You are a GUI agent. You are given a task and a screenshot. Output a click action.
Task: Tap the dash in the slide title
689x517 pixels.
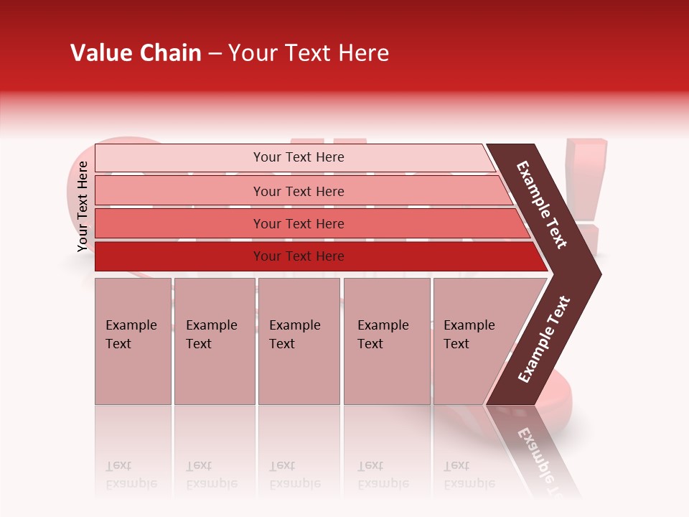click(215, 54)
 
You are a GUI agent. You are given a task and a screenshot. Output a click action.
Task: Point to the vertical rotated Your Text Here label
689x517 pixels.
click(83, 206)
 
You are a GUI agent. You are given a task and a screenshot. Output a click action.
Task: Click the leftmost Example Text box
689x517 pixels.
click(133, 341)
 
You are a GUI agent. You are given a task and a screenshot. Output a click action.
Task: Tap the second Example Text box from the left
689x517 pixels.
click(214, 341)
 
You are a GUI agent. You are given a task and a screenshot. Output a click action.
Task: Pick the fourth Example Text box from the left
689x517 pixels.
click(386, 341)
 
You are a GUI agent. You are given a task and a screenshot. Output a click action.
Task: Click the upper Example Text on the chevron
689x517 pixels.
click(543, 205)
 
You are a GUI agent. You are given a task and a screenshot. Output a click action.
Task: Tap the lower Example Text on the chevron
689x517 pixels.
click(544, 340)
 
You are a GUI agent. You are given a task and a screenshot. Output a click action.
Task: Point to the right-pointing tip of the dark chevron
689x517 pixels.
click(598, 274)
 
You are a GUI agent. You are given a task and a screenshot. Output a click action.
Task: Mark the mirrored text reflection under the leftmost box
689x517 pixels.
click(131, 475)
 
